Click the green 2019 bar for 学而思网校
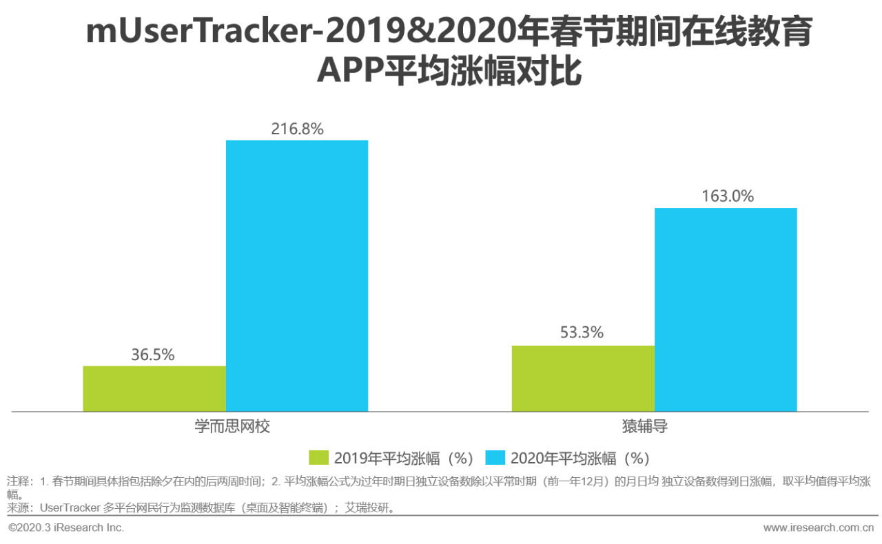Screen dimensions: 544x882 pos(154,388)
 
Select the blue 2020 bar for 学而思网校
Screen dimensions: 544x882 pos(297,275)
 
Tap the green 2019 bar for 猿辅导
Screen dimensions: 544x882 pos(583,378)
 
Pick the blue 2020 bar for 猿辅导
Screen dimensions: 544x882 pos(726,309)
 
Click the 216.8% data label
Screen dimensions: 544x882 pos(297,129)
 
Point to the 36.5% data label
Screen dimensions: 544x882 pos(153,355)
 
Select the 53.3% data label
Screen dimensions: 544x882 pos(582,333)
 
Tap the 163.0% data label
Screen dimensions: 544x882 pos(728,196)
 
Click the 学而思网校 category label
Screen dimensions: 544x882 pos(232,426)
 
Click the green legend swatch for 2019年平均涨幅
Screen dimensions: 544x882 pos(319,458)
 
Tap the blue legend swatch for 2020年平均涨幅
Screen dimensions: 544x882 pos(495,458)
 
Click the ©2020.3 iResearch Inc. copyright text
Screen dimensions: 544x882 pos(66,527)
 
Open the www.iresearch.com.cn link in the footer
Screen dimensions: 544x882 pos(818,527)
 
